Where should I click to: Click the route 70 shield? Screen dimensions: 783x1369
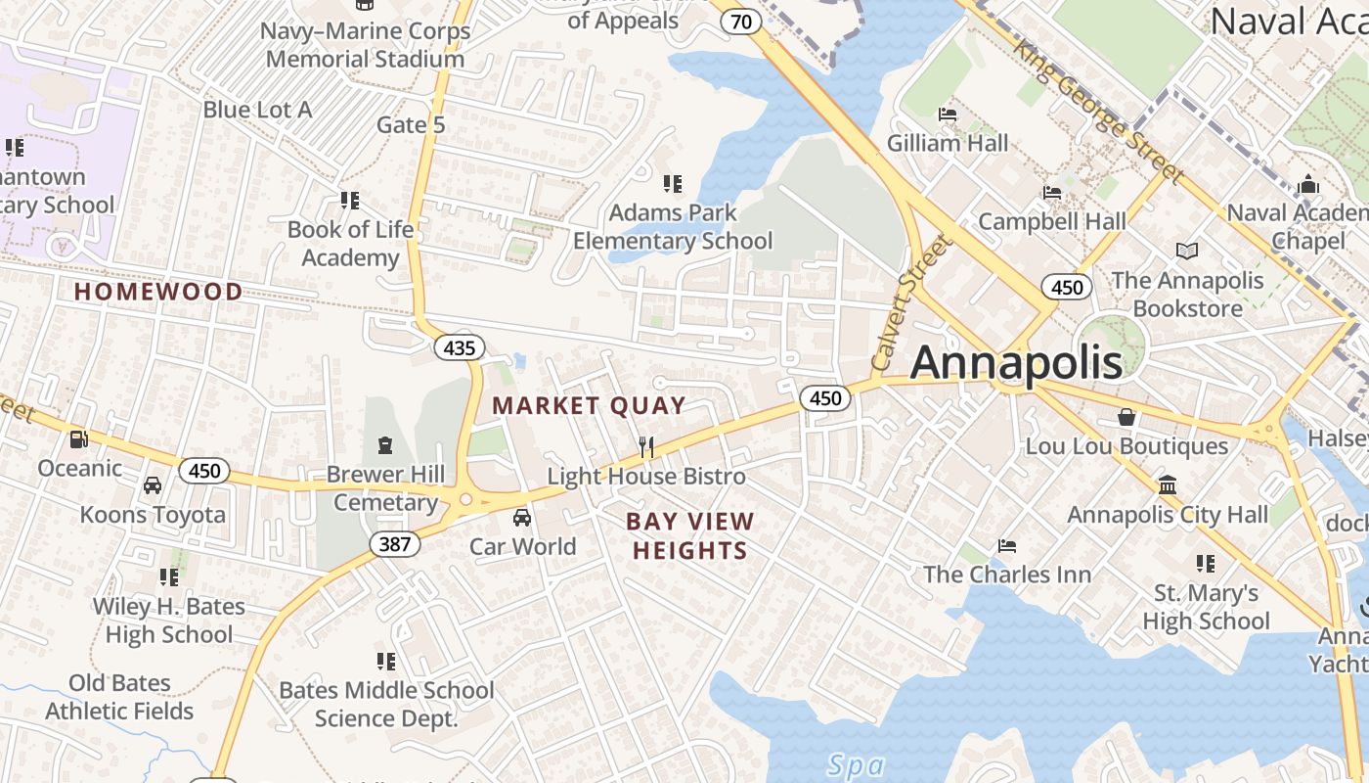pos(744,22)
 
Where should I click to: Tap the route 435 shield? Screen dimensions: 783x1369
pos(459,347)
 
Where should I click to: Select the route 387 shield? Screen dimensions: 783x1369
pos(394,543)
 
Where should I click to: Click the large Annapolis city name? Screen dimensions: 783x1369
pos(1016,363)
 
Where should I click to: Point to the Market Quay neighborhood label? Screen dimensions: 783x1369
pos(588,405)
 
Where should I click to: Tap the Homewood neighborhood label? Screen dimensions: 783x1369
pos(158,292)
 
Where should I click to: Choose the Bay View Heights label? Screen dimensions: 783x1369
pos(690,535)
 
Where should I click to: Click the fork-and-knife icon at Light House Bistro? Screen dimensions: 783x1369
pos(645,447)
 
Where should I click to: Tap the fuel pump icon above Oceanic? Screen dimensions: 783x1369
pos(79,439)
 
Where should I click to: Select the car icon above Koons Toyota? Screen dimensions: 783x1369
pos(153,485)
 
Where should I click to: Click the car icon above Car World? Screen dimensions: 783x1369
pos(522,517)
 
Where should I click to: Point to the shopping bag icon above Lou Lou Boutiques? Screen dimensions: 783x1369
pos(1126,417)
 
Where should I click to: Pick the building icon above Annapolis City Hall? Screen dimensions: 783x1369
pos(1167,485)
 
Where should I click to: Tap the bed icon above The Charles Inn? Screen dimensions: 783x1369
pos(1007,545)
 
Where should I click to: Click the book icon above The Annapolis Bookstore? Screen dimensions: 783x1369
pos(1187,252)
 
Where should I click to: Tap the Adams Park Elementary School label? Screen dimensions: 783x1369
pos(673,226)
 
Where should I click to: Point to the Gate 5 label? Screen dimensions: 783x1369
pos(411,125)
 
